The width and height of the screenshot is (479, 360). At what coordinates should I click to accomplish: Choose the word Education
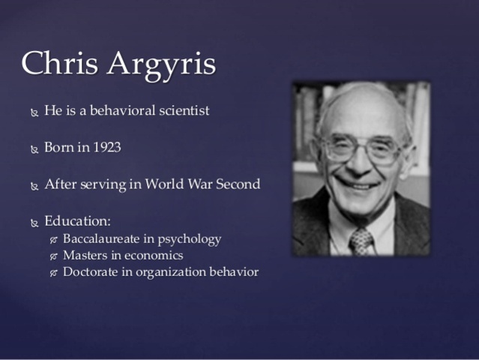tap(77, 221)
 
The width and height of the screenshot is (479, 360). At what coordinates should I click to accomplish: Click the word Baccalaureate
tap(105, 239)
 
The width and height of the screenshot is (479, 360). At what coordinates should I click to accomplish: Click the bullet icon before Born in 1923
tap(34, 149)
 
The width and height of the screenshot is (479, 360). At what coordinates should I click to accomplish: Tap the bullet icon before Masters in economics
tap(53, 257)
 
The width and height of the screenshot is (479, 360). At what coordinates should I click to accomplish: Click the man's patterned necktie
tap(361, 241)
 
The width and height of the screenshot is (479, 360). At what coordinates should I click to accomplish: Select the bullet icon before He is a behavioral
tap(34, 113)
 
